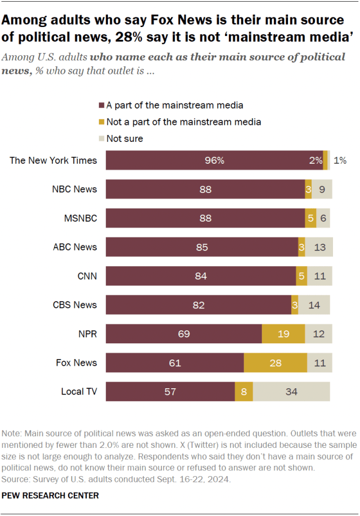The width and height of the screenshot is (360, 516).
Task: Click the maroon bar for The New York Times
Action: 214,160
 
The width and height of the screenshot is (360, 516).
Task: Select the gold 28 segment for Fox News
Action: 276,363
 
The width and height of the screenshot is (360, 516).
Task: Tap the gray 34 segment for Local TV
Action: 291,392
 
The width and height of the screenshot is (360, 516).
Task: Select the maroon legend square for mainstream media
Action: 101,105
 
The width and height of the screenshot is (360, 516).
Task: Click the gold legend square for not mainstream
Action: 101,122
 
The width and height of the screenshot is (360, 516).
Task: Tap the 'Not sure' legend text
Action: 124,138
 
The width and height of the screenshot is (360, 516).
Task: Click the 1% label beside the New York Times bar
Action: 340,160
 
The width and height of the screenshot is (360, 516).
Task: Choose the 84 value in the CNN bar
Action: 201,276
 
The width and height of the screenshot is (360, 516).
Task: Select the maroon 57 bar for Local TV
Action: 170,392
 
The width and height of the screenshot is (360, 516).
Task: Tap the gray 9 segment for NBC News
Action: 322,190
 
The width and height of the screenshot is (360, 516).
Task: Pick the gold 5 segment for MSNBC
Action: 310,218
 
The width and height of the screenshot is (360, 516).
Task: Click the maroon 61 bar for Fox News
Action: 174,363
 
